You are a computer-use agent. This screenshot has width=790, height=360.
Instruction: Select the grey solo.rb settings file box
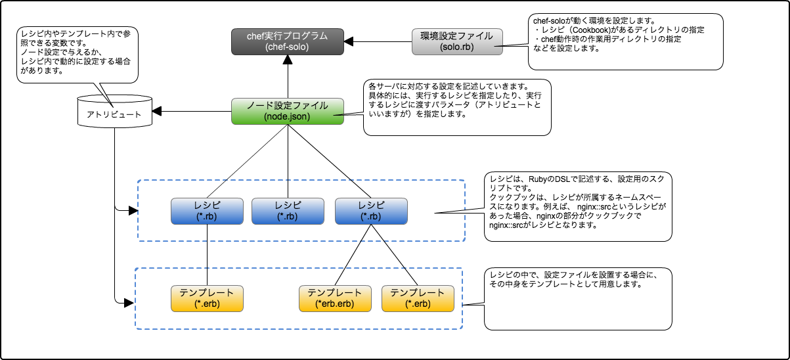coord(457,41)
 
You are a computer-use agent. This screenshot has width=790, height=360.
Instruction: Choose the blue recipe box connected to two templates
coord(371,211)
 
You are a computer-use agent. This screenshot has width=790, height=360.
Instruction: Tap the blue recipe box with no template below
coord(288,211)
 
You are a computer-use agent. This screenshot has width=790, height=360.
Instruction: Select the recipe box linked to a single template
coord(206,211)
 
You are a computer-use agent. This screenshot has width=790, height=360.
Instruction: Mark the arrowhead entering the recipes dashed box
coord(133,212)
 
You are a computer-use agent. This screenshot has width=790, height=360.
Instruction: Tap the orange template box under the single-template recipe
coord(206,298)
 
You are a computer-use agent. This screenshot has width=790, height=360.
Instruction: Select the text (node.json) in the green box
coord(287,117)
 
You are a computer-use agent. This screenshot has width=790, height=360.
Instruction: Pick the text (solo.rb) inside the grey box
coord(457,47)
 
